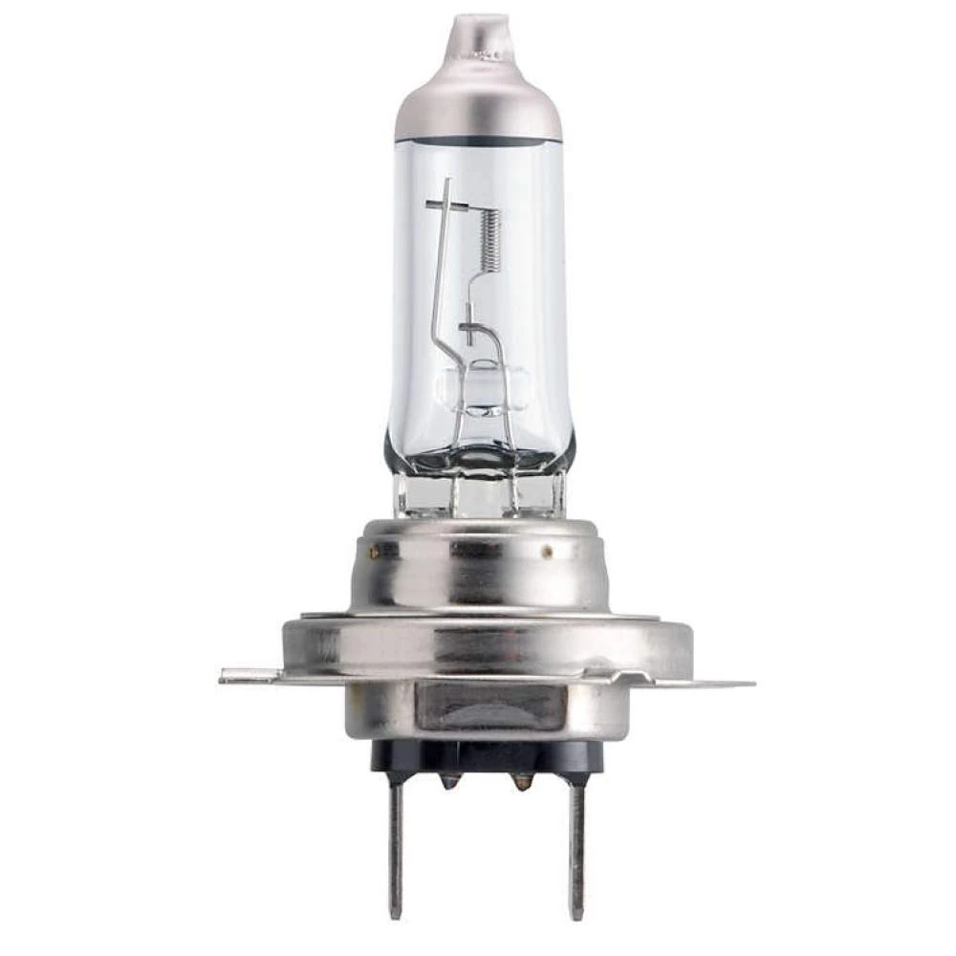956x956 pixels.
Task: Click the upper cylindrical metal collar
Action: tap(478, 569)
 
